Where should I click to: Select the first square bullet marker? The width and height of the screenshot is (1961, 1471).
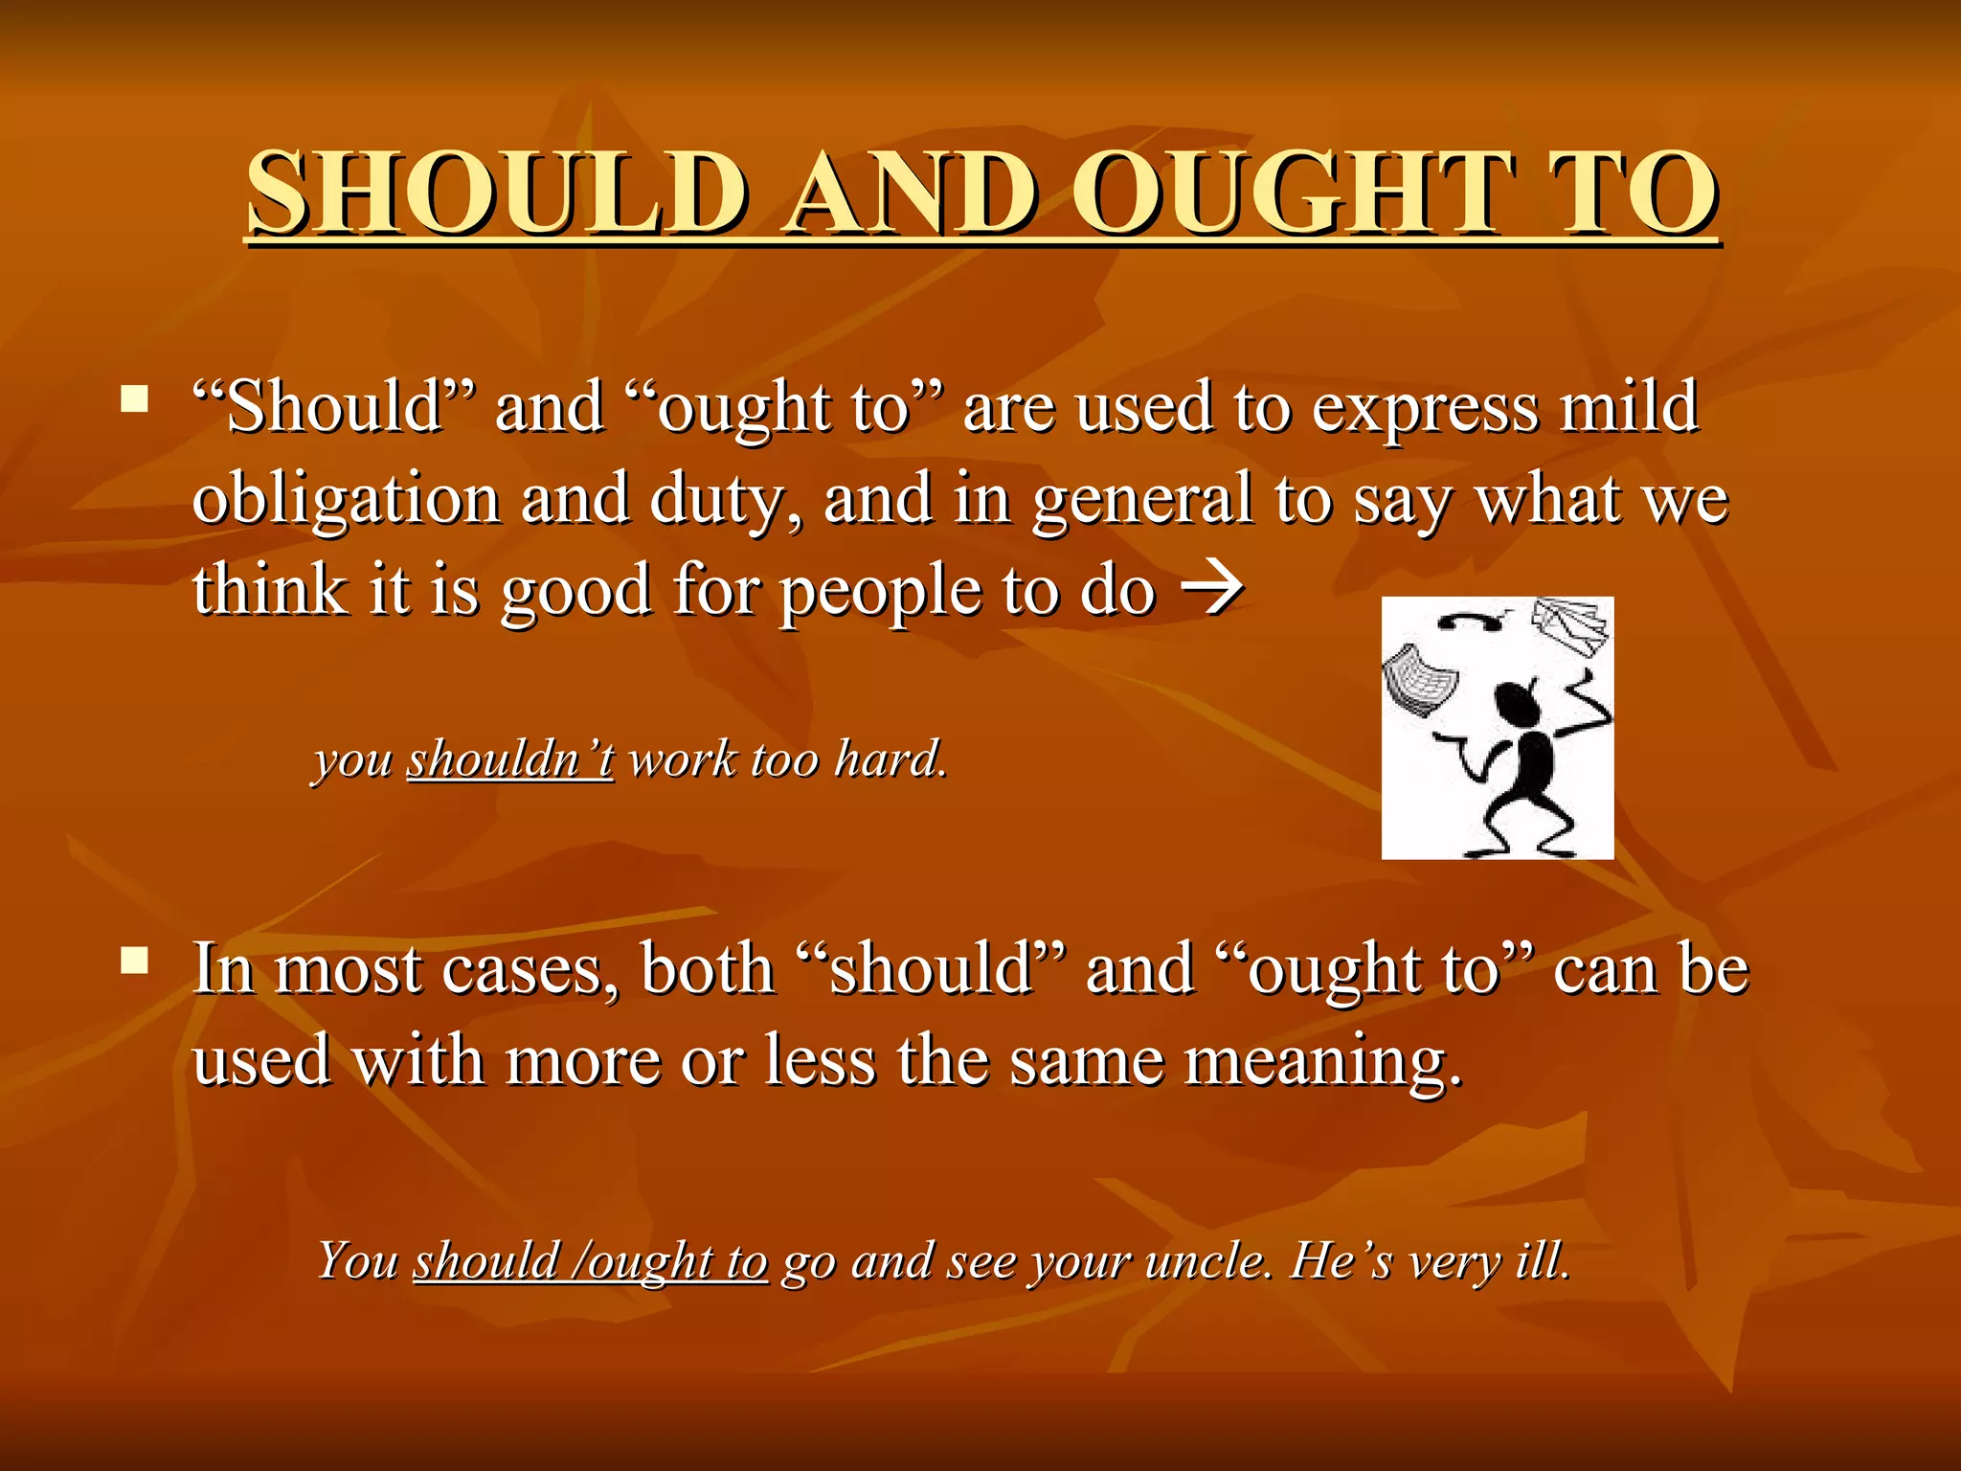point(135,397)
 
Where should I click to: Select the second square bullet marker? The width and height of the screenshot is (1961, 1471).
point(135,960)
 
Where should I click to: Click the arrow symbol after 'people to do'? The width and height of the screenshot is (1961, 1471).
point(1213,588)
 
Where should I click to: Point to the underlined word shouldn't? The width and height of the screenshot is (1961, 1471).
point(510,759)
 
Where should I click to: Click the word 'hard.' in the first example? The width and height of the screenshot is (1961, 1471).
point(890,759)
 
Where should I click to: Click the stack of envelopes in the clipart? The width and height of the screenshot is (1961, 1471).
point(1571,627)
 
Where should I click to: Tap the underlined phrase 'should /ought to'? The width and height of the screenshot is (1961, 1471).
point(590,1260)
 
